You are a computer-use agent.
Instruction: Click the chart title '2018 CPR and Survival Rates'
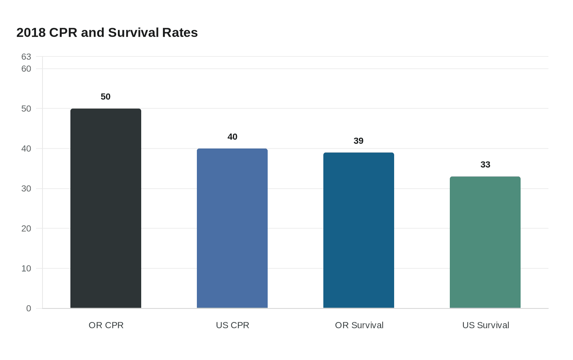[x=107, y=33]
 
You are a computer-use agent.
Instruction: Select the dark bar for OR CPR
[x=106, y=208]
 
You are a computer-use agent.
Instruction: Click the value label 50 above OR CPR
[x=106, y=97]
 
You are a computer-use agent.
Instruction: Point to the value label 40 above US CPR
[x=232, y=137]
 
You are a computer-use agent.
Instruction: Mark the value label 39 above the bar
[x=359, y=141]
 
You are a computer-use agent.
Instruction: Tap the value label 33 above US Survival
[x=485, y=165]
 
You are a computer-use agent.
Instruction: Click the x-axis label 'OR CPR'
[x=106, y=325]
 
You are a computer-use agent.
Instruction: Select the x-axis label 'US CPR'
[x=232, y=325]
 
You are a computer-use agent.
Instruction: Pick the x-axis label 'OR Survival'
[x=359, y=325]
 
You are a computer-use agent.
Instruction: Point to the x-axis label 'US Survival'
[x=485, y=325]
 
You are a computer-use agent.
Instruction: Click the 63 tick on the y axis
[x=26, y=57]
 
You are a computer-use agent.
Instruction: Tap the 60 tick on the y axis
[x=26, y=69]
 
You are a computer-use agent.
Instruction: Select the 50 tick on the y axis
[x=26, y=109]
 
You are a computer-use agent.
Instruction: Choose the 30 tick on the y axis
[x=26, y=189]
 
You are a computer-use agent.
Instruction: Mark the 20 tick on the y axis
[x=26, y=229]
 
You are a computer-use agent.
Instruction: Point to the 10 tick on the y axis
[x=26, y=269]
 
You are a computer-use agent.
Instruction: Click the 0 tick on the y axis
[x=29, y=308]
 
